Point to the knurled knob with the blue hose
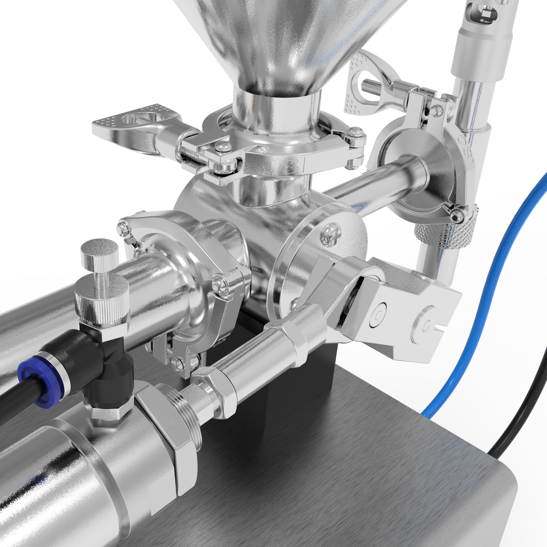[x=444, y=228]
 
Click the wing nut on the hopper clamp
[x=137, y=126]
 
